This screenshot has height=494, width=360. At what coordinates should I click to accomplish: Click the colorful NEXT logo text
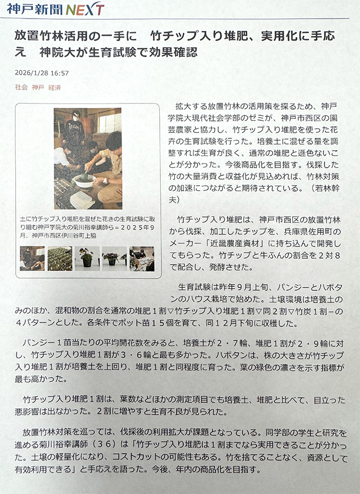pos(85,9)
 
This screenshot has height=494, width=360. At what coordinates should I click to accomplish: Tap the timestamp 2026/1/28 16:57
pos(42,73)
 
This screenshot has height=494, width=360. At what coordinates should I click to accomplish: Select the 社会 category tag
pos(21,87)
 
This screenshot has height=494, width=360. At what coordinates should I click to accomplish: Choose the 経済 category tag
pos(55,87)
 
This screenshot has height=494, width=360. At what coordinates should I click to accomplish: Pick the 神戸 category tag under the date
pos(38,87)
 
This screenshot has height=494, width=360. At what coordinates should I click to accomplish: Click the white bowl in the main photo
pos(84,181)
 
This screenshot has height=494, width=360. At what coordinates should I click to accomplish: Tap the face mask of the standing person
pos(75,118)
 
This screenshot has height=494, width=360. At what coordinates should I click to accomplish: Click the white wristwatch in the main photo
pos(105,181)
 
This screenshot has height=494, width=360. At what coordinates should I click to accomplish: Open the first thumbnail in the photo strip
pos(32,259)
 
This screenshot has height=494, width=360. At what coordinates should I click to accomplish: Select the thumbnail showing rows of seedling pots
pos(60,259)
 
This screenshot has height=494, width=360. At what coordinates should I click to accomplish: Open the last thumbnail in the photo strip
pos(142,259)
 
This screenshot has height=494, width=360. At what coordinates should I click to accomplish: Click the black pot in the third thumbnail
pos(87,262)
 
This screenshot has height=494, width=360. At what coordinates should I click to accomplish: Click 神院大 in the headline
pos(52,52)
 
